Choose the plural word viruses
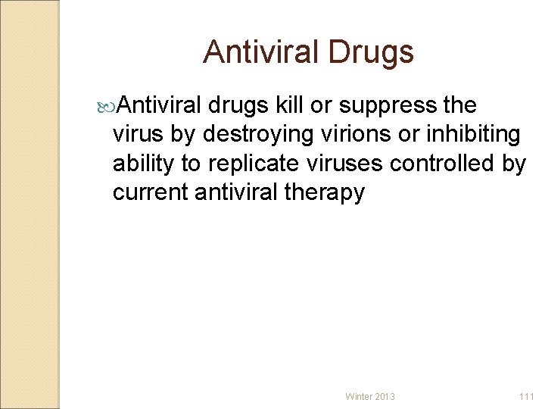point(350,164)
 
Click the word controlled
point(452,164)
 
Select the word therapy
point(324,193)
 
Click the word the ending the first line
point(459,105)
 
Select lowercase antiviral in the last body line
point(236,192)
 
